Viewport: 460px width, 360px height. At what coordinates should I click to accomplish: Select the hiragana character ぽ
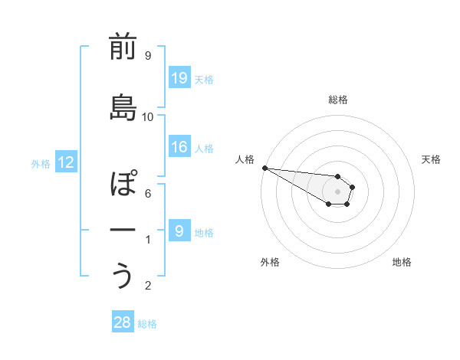123,184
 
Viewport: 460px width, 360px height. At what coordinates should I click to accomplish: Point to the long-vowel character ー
123,229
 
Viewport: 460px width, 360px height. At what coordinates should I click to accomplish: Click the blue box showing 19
179,78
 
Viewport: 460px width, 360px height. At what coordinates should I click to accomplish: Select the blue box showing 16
179,147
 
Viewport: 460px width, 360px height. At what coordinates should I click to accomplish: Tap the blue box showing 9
179,231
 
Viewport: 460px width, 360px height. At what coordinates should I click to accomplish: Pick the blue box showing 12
66,162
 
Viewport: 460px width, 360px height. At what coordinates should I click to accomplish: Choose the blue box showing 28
123,322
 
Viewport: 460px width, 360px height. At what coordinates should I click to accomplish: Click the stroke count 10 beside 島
148,117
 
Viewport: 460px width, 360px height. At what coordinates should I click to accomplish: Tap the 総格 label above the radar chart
338,100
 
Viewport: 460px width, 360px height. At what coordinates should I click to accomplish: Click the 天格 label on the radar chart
431,159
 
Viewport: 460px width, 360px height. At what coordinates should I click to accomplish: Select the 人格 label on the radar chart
244,159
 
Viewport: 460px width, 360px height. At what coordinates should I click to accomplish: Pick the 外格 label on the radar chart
270,262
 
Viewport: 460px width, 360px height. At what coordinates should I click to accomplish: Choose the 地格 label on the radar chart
402,262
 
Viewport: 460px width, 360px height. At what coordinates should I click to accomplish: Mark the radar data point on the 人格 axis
264,168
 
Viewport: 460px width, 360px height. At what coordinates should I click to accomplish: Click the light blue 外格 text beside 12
41,163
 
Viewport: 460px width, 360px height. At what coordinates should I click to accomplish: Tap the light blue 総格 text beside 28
147,324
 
